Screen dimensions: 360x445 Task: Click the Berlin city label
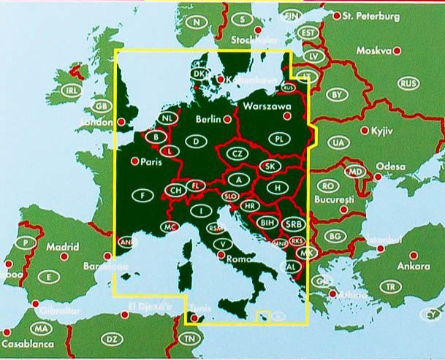click(209, 119)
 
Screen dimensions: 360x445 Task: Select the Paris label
click(149, 162)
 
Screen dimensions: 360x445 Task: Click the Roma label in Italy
click(239, 258)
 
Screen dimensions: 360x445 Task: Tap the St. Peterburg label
click(370, 15)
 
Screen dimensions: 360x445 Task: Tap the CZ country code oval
click(237, 154)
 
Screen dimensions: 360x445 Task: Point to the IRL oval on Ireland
click(71, 91)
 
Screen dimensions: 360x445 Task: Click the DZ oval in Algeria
click(112, 339)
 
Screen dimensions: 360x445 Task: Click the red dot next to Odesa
click(378, 177)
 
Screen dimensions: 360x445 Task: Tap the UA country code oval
click(338, 142)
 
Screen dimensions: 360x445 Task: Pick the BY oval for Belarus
click(337, 94)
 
